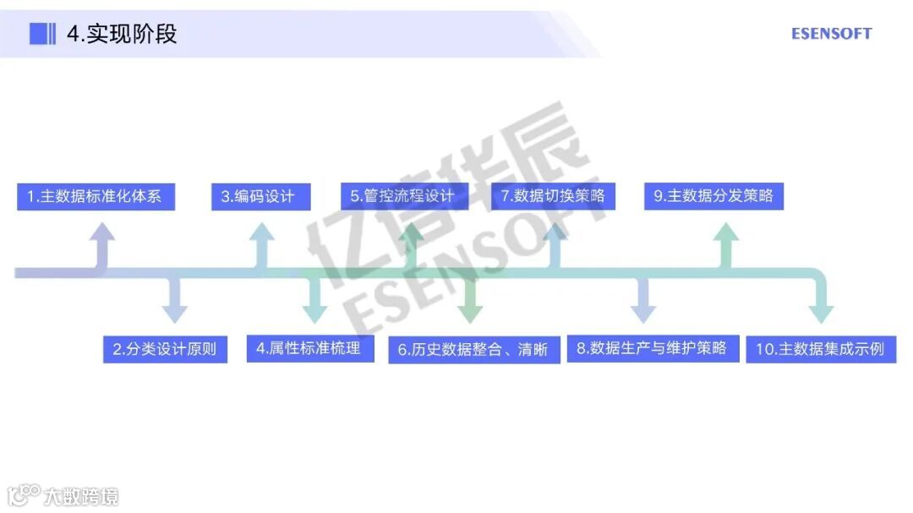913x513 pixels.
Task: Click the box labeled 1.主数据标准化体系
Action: point(96,197)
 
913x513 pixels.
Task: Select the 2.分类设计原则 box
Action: point(165,349)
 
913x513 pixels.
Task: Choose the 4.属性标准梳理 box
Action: point(310,348)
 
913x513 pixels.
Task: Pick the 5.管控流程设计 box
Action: point(403,197)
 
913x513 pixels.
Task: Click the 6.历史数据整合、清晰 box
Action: point(474,349)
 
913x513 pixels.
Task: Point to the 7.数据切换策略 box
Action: point(554,197)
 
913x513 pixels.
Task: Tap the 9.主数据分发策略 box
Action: point(713,197)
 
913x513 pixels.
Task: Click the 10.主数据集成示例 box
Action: point(820,349)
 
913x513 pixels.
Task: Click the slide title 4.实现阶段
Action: point(122,34)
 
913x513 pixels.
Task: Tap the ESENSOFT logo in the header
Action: point(831,34)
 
